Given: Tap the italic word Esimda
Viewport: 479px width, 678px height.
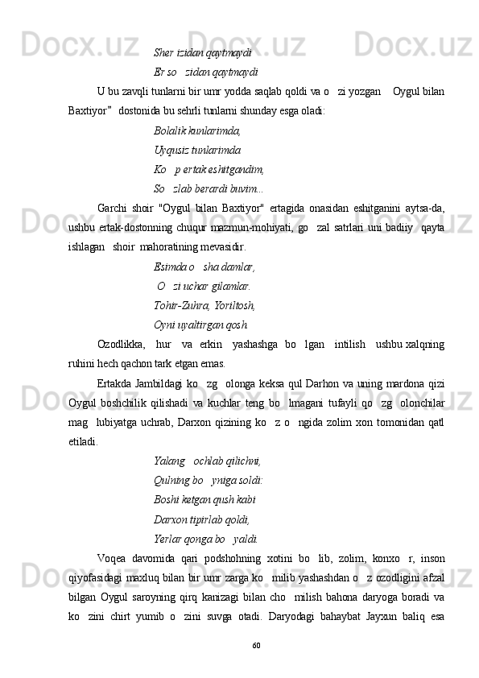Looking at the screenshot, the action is [x=169, y=267].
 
